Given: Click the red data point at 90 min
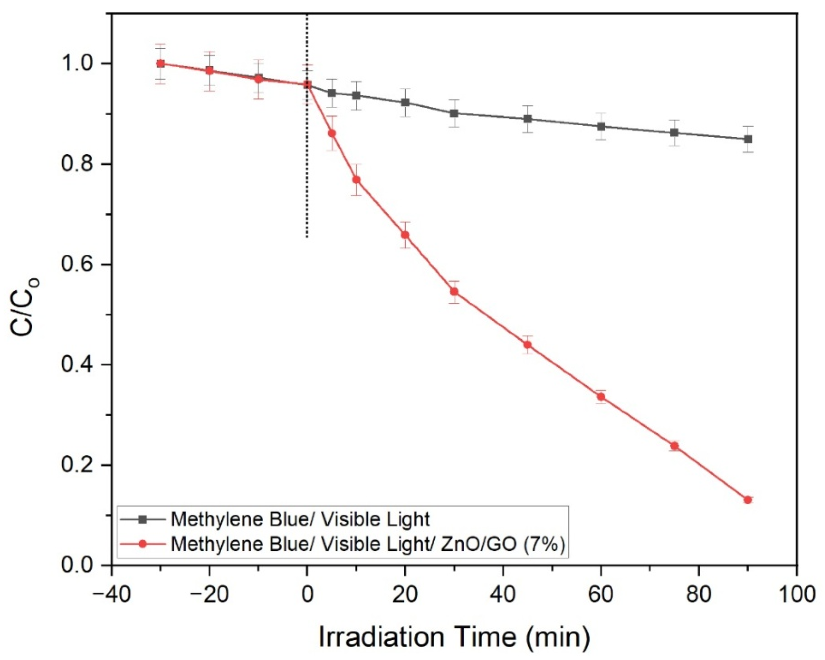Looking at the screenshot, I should [748, 500].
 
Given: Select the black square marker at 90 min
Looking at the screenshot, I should [748, 139].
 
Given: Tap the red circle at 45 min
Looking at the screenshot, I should [527, 345].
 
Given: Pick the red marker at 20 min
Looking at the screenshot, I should [405, 235].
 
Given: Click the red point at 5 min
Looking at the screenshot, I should [332, 133].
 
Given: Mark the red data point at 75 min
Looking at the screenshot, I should [674, 446].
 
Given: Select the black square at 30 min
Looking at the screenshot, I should [454, 114].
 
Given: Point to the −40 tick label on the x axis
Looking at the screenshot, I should [111, 595].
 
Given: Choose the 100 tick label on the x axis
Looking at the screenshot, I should [797, 595].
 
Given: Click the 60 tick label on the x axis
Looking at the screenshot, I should [601, 595].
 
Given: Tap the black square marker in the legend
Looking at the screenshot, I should [143, 519].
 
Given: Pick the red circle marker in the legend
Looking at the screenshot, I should [143, 544].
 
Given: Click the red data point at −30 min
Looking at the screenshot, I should [161, 64].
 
